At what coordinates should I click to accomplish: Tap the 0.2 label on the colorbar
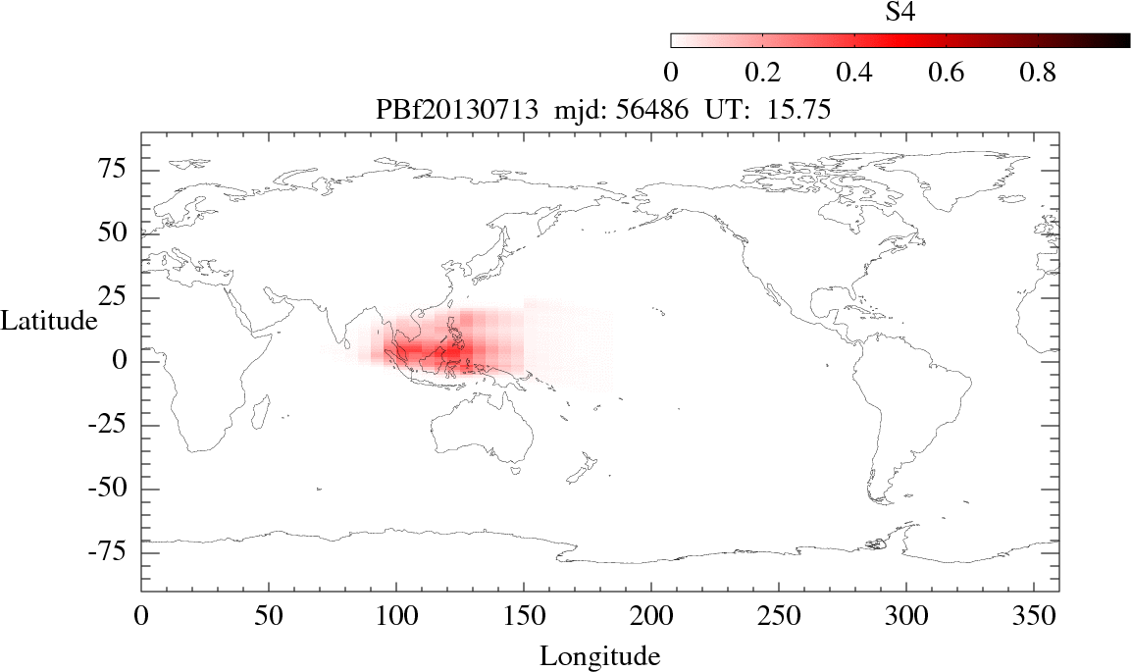[x=762, y=73]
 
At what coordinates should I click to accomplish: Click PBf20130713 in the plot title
[x=458, y=111]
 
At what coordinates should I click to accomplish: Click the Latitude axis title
[x=49, y=321]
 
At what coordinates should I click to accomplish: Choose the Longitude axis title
[x=599, y=655]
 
